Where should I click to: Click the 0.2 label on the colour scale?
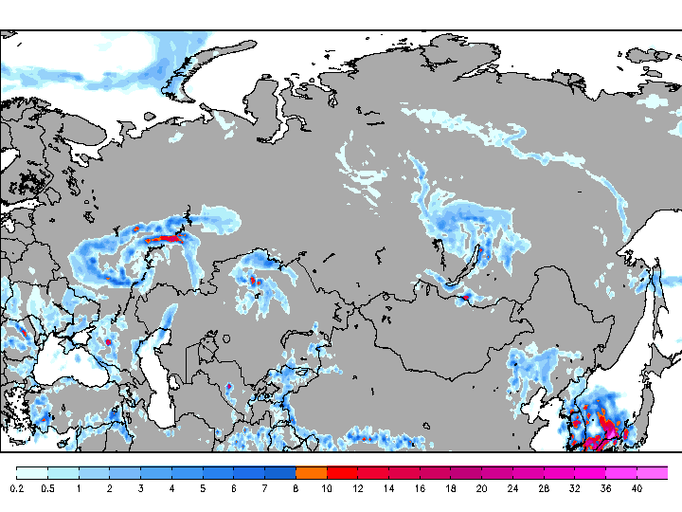tap(17, 488)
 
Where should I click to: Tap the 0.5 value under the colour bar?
tap(47, 488)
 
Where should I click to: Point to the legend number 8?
tap(296, 488)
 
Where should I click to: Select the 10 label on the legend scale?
tap(327, 488)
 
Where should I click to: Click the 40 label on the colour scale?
tap(637, 488)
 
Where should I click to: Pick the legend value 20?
tap(481, 488)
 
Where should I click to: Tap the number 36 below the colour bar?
tap(605, 488)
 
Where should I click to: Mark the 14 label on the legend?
tap(388, 488)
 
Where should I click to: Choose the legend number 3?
tap(140, 488)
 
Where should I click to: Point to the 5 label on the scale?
tap(203, 488)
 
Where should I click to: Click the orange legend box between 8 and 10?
tap(311, 472)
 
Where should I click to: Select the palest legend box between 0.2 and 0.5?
tap(31, 472)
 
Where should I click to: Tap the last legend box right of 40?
tap(652, 472)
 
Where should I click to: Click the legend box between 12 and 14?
tap(373, 472)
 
